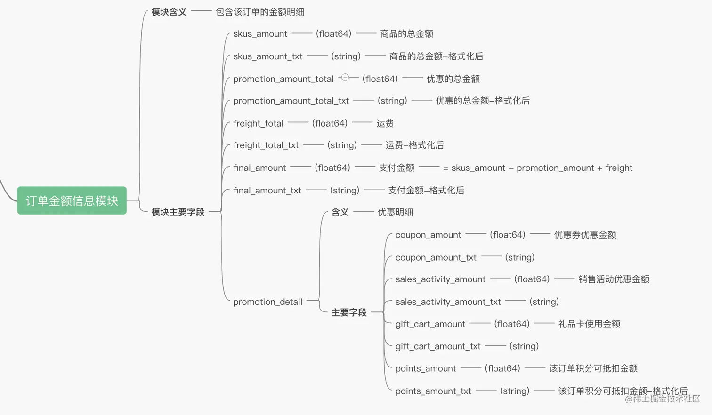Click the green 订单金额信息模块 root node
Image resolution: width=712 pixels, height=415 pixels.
pos(72,200)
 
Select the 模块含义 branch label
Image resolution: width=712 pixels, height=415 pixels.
pos(169,12)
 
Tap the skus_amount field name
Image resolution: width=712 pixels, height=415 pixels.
pos(260,34)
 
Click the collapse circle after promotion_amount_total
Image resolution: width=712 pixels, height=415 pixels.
pos(345,78)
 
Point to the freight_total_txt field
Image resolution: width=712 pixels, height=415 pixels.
pos(266,145)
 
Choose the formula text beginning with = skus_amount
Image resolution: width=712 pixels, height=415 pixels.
pos(537,168)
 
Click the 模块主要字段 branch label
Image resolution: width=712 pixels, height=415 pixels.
pos(178,212)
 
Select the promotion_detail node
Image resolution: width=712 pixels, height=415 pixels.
pos(267,302)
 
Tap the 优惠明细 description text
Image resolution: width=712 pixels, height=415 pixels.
pos(395,212)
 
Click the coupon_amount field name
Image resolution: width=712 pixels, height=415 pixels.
pos(428,235)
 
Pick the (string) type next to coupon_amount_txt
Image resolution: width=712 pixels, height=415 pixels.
pos(519,257)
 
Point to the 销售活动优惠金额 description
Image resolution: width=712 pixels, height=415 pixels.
pos(614,279)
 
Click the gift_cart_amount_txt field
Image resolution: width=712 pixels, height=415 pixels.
pos(438,346)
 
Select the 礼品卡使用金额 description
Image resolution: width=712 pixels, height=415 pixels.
pos(589,324)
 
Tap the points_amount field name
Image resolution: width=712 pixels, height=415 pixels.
pos(425,368)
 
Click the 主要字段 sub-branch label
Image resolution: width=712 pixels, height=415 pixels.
pos(348,312)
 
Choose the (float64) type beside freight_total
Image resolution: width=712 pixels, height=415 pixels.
pos(330,123)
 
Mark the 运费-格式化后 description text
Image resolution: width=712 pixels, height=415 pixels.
pos(414,145)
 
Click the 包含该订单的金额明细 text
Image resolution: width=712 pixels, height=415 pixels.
pos(259,12)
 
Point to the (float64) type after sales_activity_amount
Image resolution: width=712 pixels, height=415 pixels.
pos(532,279)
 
